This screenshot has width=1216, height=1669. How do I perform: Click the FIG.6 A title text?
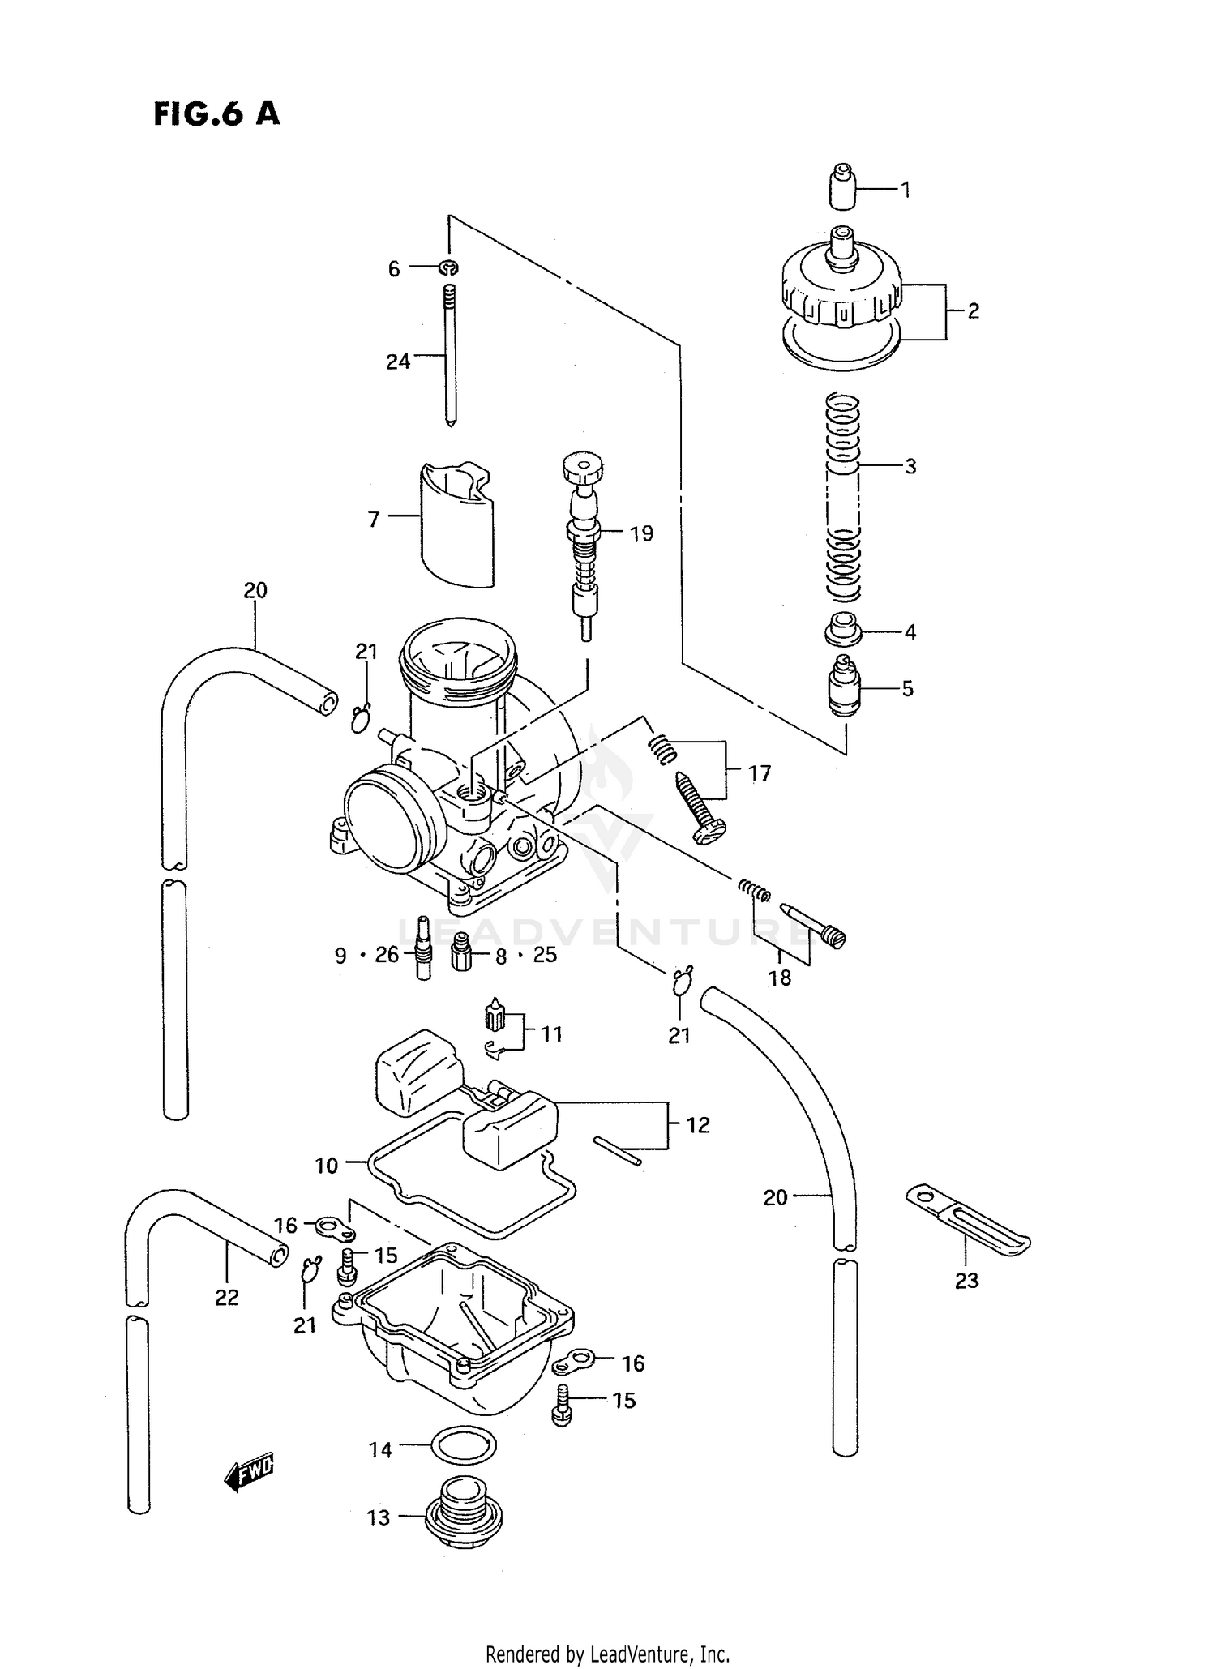point(216,114)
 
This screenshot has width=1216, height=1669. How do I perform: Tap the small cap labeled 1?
point(844,187)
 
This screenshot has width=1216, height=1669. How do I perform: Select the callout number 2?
point(973,311)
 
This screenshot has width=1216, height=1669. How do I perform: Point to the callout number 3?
point(910,467)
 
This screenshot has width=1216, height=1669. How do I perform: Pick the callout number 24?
point(397,362)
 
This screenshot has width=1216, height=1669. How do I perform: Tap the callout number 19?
point(640,534)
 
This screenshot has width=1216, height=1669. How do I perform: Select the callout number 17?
point(759,774)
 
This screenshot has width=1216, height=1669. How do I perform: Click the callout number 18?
point(779,978)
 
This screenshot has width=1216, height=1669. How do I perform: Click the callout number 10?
point(326,1166)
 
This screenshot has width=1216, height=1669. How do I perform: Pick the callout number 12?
point(697,1125)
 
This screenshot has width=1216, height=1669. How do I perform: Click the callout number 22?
point(227,1298)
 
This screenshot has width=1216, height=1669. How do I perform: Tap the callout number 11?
point(551,1034)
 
